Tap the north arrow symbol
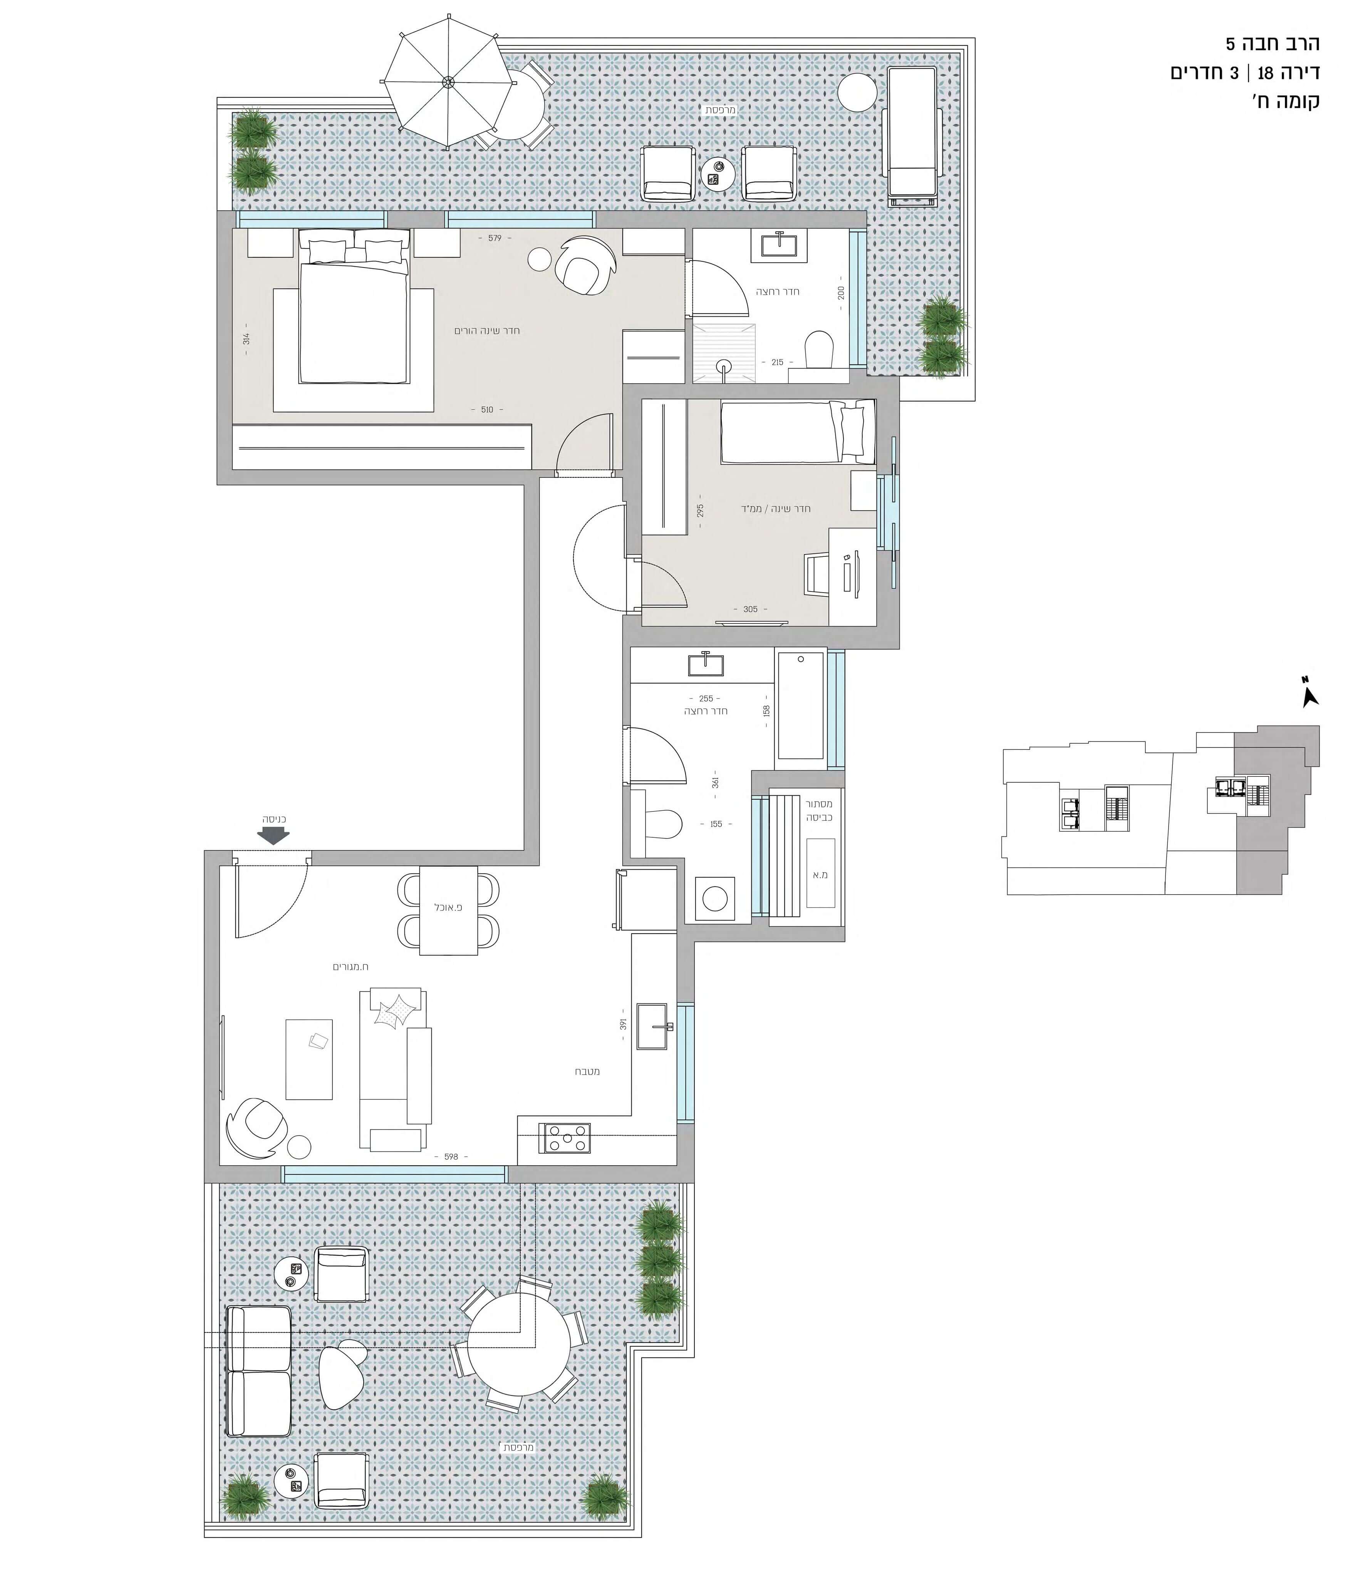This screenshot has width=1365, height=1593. click(x=1310, y=694)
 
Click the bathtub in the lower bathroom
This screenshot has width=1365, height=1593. click(x=801, y=705)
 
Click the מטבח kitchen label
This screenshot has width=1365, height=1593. click(x=587, y=1071)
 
